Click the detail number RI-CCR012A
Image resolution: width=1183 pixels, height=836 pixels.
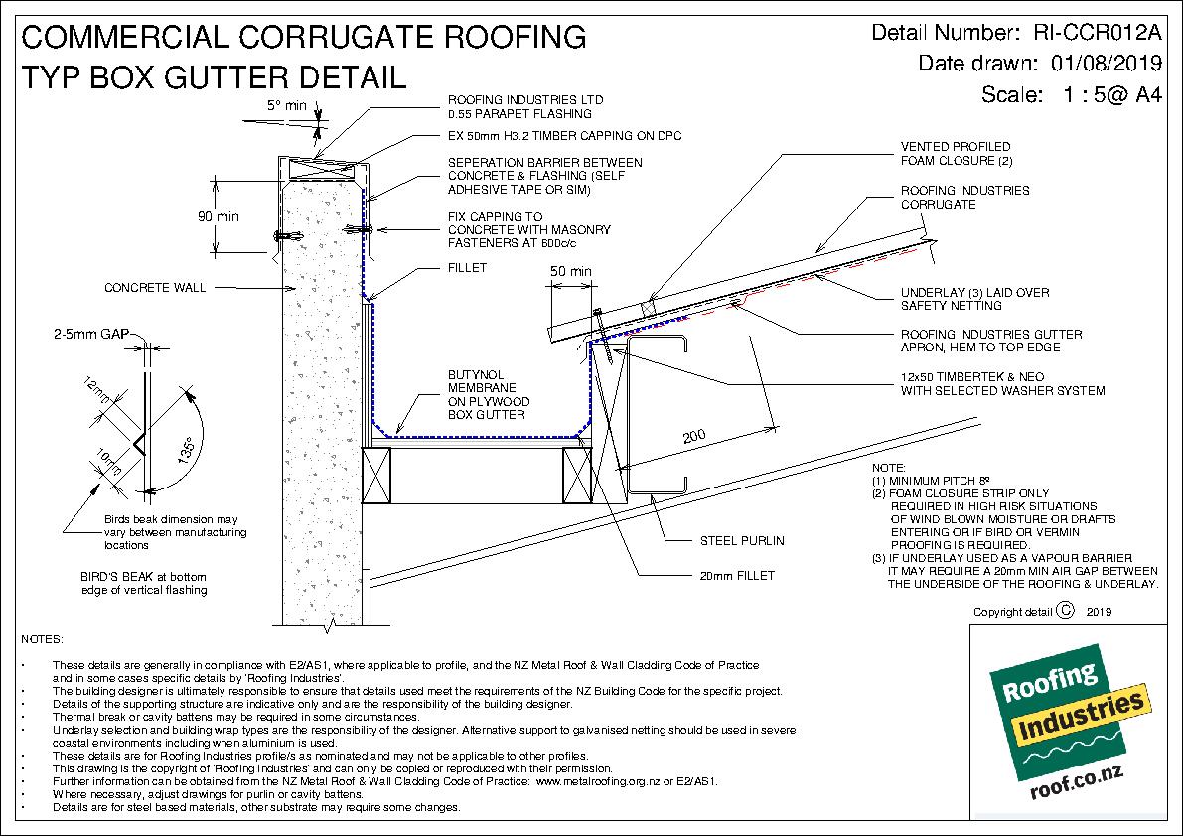1098,32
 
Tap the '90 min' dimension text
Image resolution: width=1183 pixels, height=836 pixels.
218,215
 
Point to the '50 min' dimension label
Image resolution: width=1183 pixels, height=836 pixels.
570,271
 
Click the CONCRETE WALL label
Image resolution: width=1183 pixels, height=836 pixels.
155,288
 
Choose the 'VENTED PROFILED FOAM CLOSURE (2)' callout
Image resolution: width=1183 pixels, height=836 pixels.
943,153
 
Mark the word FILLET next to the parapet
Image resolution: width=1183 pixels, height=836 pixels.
468,268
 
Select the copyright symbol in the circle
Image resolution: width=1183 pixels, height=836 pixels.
1066,612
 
